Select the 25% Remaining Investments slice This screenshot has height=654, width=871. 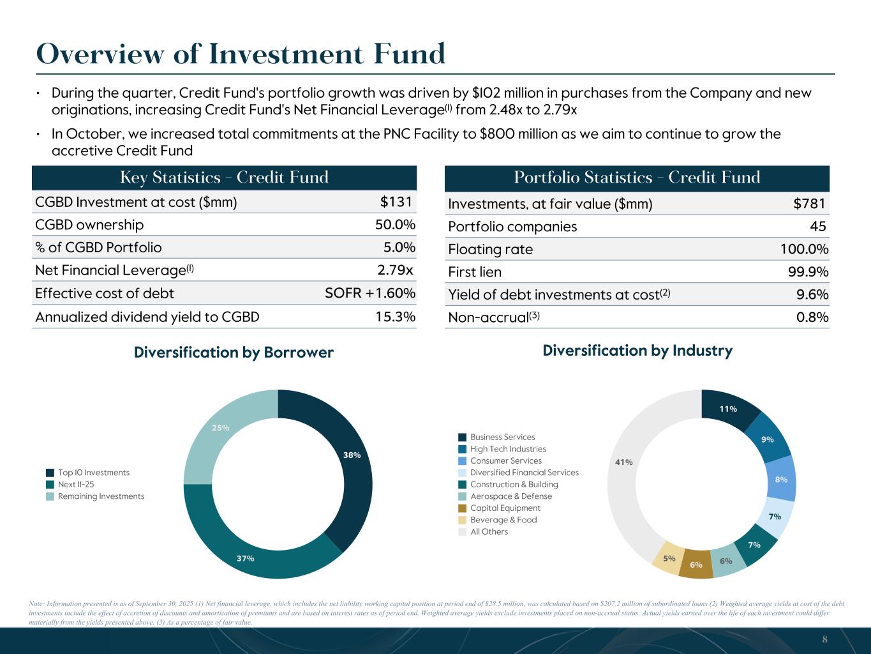pos(221,428)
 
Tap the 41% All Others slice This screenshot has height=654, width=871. pos(623,462)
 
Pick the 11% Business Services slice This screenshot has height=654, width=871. pos(728,409)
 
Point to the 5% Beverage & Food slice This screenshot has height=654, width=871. pos(669,559)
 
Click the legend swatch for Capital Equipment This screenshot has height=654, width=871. pos(463,508)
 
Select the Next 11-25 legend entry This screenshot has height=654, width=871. pos(76,485)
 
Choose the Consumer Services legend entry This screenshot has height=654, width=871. pos(505,461)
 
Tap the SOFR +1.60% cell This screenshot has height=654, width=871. pos(370,293)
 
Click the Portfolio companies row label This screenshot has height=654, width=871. pos(512,227)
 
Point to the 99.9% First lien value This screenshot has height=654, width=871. pos(808,272)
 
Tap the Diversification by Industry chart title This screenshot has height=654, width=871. pos(637,351)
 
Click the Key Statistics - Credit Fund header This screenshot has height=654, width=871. pos(224,178)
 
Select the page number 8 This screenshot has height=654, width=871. pos(824,640)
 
